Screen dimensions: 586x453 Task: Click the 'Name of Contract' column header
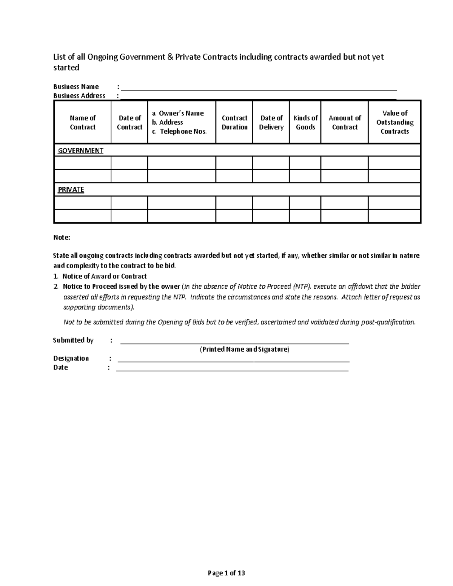click(83, 123)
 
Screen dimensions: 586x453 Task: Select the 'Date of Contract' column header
click(129, 123)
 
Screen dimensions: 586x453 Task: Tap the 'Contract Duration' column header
click(234, 123)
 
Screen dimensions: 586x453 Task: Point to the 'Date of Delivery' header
click(271, 123)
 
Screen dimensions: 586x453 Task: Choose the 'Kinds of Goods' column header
click(305, 123)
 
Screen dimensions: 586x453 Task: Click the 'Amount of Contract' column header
click(345, 123)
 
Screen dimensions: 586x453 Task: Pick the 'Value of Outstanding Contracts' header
click(394, 122)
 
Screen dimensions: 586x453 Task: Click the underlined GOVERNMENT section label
click(80, 151)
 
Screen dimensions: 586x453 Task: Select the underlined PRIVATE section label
click(71, 189)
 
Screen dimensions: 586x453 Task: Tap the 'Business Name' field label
click(76, 87)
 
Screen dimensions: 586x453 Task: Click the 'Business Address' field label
click(79, 96)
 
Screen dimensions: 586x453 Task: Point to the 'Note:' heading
click(62, 238)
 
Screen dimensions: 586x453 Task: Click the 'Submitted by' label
click(73, 340)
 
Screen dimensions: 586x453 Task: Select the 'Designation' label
click(71, 358)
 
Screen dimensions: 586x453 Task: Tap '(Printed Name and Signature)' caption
click(244, 349)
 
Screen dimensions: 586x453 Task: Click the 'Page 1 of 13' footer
click(226, 573)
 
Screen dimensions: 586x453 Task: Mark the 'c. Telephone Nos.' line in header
click(180, 131)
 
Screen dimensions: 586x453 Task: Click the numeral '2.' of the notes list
click(56, 286)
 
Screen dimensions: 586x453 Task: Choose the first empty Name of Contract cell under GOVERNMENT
click(83, 163)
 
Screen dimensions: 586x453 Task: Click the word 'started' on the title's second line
click(66, 68)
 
